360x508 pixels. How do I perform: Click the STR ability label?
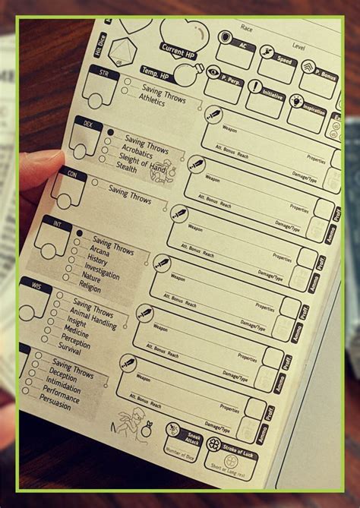pyautogui.click(x=104, y=73)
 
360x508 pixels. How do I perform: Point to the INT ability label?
pyautogui.click(x=56, y=225)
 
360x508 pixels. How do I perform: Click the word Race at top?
pyautogui.click(x=247, y=27)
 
